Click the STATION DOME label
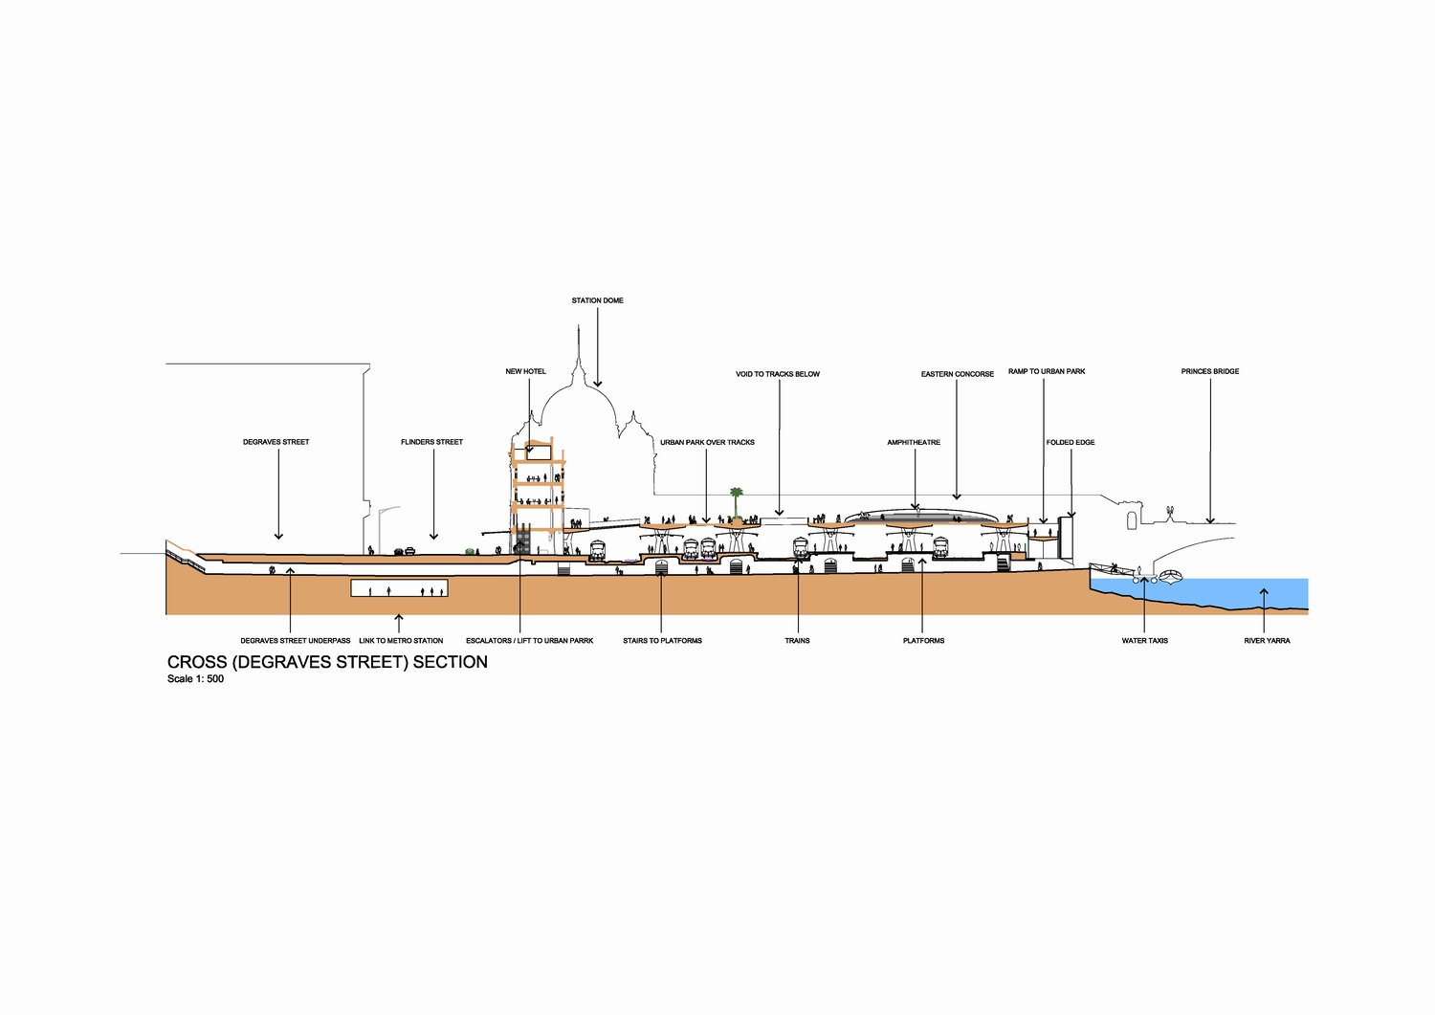597,300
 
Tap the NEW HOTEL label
525,371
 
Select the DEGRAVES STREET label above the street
276,442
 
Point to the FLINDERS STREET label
431,442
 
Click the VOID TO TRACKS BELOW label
778,374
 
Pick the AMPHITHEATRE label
914,443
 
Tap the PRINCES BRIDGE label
1210,371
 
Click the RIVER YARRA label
1268,641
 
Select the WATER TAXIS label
1145,641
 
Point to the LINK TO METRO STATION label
401,641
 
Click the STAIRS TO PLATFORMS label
662,641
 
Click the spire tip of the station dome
579,326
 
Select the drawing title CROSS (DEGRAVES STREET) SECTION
327,662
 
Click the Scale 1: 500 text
195,679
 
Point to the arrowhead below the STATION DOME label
598,384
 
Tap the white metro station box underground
399,588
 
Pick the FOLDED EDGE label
1071,443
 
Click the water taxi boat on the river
1170,577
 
